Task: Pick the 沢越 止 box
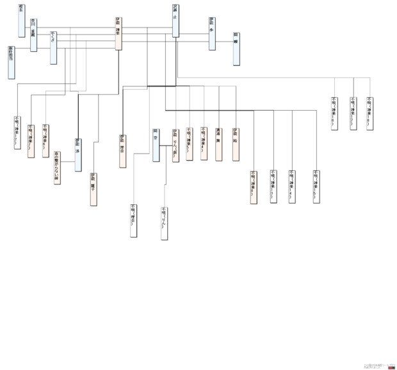[x=175, y=21]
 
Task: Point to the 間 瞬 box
[x=236, y=48]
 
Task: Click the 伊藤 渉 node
[x=77, y=154]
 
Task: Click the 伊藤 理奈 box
[x=122, y=151]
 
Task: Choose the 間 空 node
[x=156, y=145]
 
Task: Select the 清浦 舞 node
[x=219, y=144]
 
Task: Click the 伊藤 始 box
[x=236, y=144]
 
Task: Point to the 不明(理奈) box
[x=134, y=220]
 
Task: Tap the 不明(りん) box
[x=165, y=222]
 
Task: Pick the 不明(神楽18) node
[x=369, y=113]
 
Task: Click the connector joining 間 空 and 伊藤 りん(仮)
[x=165, y=146]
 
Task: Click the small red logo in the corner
[x=391, y=367]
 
